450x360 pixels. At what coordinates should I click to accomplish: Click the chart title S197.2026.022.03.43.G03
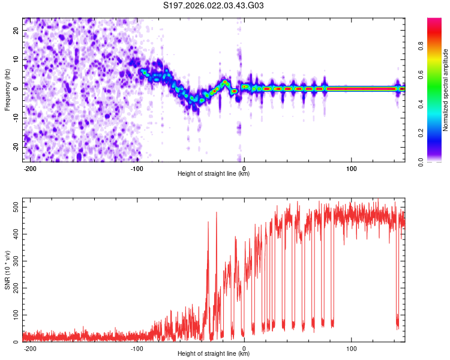tap(214, 7)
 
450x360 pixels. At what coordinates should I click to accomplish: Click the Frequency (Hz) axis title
tap(8, 89)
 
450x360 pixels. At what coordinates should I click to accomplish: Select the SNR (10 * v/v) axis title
tap(8, 270)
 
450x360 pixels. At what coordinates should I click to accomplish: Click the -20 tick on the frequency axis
tap(16, 146)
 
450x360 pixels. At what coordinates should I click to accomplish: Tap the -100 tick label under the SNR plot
tap(137, 348)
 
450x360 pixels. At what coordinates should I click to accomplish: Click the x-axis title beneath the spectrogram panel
tap(214, 174)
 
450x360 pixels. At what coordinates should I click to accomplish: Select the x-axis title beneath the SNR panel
tap(214, 354)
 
